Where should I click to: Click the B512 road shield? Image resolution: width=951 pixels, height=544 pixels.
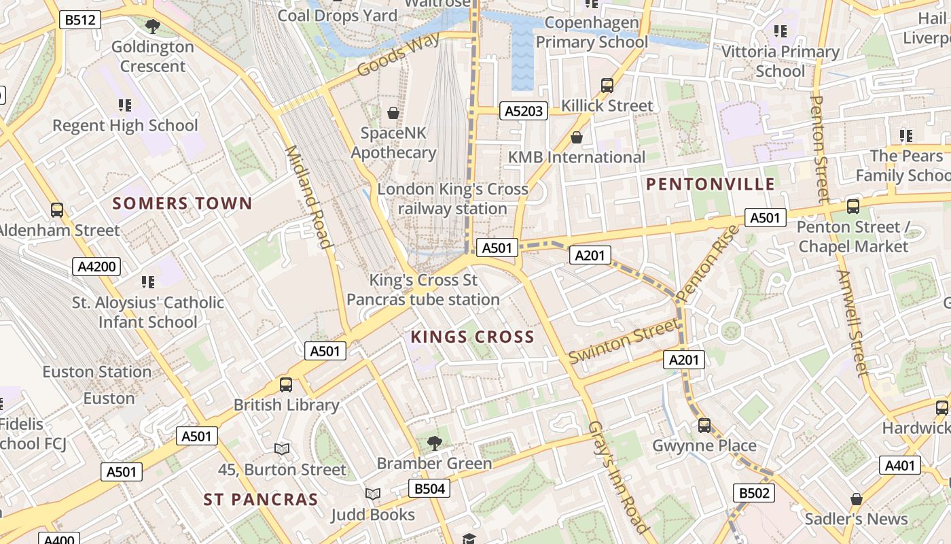point(80,20)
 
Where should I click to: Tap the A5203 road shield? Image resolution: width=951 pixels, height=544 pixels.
point(524,111)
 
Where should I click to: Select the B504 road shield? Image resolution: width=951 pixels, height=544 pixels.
point(429,488)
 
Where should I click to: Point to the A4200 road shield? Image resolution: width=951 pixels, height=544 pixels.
point(96,267)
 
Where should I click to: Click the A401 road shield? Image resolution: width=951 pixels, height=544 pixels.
point(901,465)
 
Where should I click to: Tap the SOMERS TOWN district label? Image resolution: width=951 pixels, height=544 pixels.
point(182,203)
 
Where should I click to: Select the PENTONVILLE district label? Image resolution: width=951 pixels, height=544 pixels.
point(710,184)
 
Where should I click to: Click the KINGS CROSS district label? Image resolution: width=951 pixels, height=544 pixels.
point(472,337)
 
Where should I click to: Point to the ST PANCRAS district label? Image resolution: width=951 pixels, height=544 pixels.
point(261,500)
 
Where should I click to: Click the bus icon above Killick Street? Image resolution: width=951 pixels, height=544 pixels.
point(607,86)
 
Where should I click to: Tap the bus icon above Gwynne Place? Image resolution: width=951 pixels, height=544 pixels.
point(704,426)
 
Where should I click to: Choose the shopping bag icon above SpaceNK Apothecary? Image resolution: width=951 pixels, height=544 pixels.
point(393,112)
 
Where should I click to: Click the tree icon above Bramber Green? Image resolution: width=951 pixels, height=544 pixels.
point(434,443)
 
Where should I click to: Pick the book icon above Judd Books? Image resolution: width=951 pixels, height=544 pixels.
point(372,494)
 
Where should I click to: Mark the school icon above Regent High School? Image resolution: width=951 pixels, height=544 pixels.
point(125,105)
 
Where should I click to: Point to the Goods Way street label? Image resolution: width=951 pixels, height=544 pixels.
point(398,54)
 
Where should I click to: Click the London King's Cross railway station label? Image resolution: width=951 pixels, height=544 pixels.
point(452,199)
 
